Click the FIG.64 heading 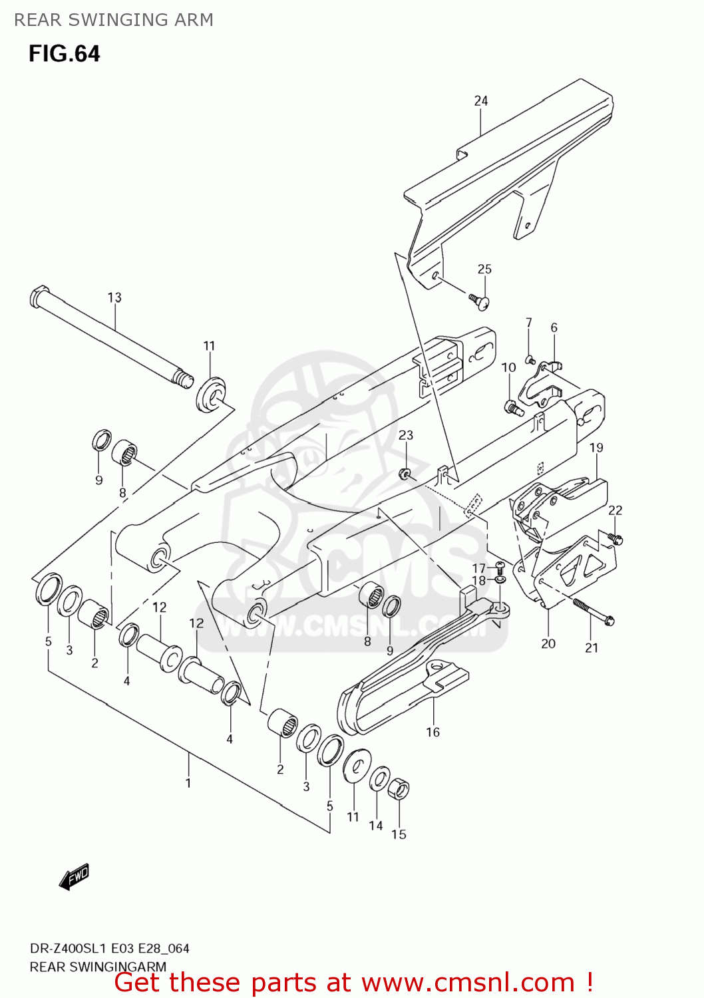point(64,53)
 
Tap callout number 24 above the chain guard point(480,100)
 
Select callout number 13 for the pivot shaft point(114,297)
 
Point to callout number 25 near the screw point(484,269)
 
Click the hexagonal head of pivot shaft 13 point(39,296)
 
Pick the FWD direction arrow point(73,877)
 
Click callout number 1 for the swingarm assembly point(188,782)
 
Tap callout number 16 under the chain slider point(433,732)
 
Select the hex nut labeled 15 point(398,790)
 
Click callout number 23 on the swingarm point(406,434)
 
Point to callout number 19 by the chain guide point(596,448)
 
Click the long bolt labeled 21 point(592,611)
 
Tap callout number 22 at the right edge point(615,510)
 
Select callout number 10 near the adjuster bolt point(508,367)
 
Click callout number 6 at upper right point(554,327)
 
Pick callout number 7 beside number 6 point(529,323)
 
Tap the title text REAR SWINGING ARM point(114,20)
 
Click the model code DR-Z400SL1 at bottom point(67,948)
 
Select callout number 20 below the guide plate point(548,643)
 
